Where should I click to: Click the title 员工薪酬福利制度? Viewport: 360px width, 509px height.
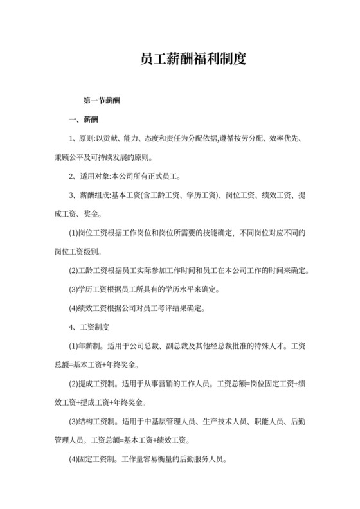click(193, 60)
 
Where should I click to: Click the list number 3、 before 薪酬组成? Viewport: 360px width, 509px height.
click(73, 194)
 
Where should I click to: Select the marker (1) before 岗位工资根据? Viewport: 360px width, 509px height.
click(74, 231)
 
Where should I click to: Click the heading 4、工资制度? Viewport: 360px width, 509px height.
click(89, 327)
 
